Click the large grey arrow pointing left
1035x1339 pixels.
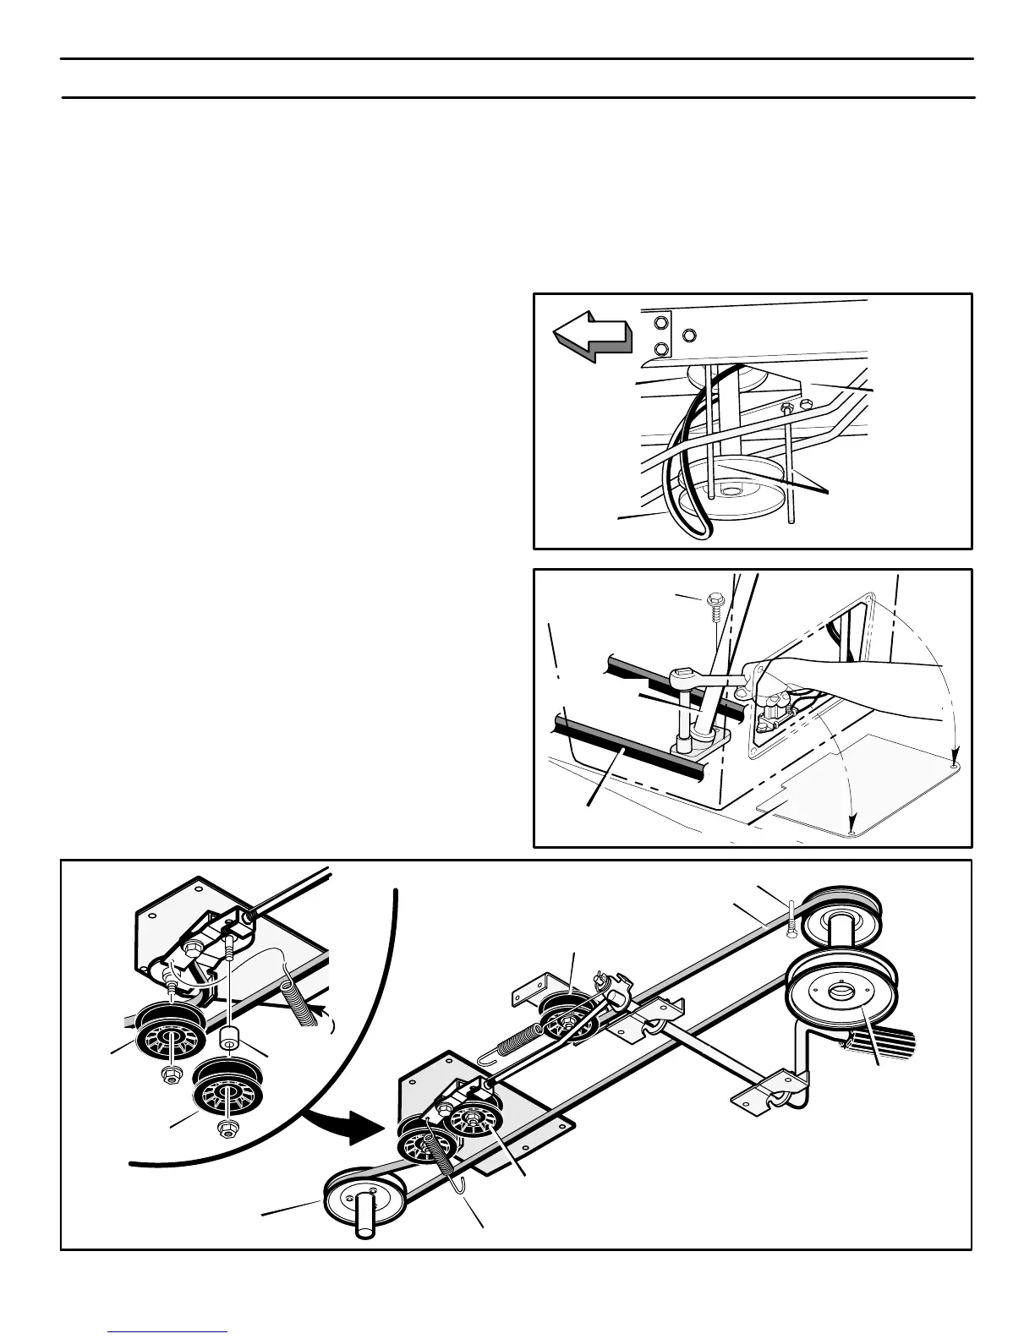coord(592,335)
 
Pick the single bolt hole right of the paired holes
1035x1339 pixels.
coord(690,335)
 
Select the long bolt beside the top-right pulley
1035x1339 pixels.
coord(791,920)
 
